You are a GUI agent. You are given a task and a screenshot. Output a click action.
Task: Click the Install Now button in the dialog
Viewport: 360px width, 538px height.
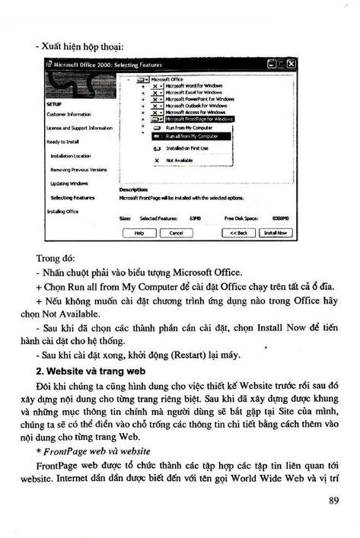[276, 232]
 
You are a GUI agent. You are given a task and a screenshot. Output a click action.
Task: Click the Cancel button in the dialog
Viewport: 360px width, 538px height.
[176, 232]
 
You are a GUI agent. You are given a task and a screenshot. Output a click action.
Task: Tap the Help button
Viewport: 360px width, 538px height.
[139, 232]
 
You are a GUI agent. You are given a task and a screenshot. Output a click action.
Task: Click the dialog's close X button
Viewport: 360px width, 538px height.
[291, 65]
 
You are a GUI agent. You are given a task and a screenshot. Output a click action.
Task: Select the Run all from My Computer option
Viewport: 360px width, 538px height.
[186, 135]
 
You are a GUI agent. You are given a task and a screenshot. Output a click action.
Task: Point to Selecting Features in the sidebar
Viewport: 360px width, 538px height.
[72, 197]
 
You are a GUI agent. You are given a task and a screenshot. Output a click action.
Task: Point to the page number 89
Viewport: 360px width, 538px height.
[333, 500]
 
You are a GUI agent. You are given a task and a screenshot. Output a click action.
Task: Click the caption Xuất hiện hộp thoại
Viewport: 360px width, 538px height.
[83, 47]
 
